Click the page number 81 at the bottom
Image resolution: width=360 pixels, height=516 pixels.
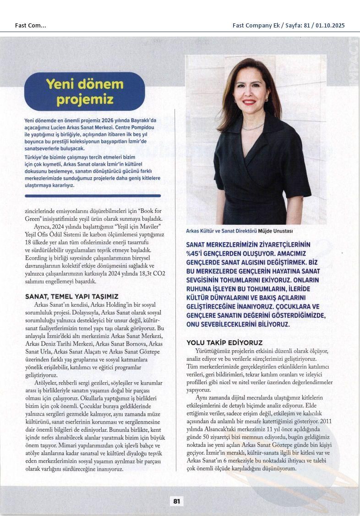176,501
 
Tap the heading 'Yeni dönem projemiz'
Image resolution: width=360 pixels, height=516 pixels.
85,91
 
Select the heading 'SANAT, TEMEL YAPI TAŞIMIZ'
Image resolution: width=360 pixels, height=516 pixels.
72,297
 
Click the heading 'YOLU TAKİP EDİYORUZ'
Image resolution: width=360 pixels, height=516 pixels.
224,342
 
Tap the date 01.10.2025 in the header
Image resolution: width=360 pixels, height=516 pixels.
327,26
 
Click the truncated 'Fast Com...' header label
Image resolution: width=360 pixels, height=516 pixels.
30,26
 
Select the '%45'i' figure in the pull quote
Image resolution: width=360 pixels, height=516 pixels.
196,253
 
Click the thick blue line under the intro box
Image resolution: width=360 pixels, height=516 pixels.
93,196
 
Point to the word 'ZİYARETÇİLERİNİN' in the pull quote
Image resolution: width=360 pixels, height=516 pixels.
278,244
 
